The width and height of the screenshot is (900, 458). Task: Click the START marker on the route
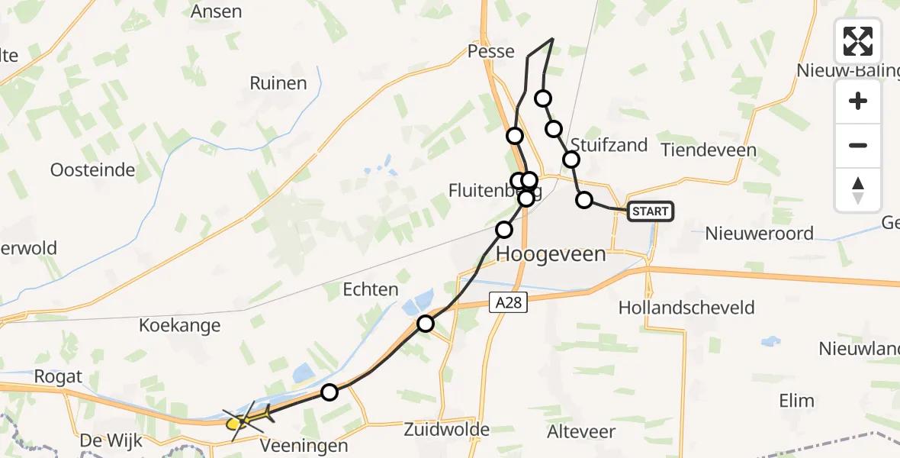[x=651, y=211]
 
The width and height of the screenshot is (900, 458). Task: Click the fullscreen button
[x=858, y=41]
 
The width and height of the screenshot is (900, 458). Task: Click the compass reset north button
[x=858, y=190]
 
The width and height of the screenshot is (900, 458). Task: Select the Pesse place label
[x=492, y=52]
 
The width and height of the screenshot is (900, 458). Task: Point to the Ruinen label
[x=278, y=83]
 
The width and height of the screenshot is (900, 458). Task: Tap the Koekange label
[x=179, y=325]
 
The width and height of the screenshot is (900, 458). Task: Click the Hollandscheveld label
[x=686, y=308]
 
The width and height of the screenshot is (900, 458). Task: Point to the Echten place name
[x=371, y=289]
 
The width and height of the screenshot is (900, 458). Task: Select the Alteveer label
[x=581, y=431]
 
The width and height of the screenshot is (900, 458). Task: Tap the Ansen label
[x=216, y=11]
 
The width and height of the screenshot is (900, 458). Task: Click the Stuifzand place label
[x=609, y=144]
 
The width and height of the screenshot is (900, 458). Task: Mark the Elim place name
[x=796, y=401]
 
